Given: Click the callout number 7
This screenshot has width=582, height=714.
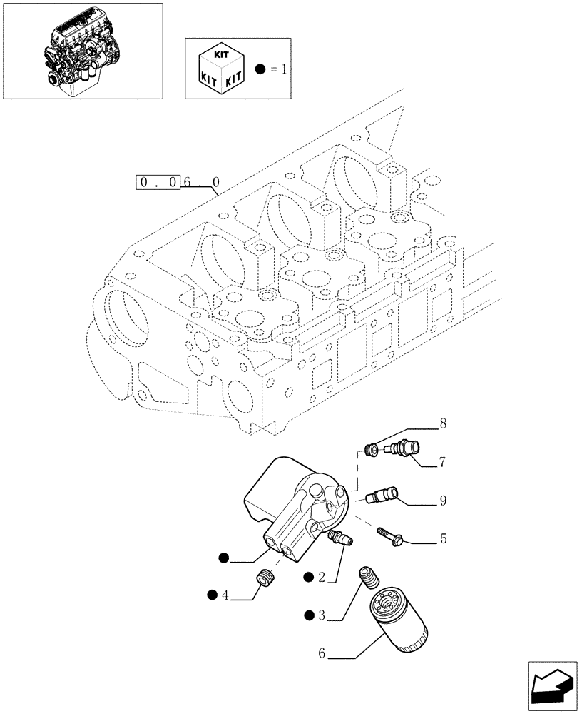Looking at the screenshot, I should [443, 463].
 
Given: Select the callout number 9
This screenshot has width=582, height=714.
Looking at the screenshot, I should [443, 501].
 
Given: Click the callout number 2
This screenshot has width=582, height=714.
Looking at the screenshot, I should [322, 577].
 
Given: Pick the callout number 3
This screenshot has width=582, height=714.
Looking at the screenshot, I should [322, 615].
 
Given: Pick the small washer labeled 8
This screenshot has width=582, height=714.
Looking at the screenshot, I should [371, 451].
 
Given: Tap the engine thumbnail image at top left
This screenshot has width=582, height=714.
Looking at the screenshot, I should [82, 51].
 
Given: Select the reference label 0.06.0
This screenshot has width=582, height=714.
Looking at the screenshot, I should [178, 183].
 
